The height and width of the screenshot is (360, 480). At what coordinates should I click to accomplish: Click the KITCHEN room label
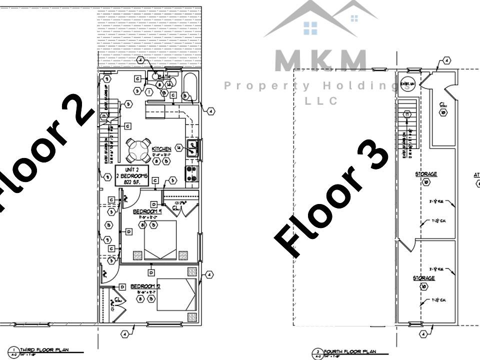click(161, 149)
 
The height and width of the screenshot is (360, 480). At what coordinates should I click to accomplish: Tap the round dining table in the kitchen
click(135, 148)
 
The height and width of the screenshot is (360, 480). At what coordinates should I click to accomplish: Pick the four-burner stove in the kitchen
click(191, 173)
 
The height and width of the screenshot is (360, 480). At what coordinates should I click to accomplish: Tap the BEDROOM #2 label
click(145, 286)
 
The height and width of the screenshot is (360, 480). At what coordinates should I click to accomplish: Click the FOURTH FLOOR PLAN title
click(350, 352)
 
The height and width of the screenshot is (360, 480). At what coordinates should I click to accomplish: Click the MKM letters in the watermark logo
click(320, 61)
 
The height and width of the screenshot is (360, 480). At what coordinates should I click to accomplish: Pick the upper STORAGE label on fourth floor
click(426, 174)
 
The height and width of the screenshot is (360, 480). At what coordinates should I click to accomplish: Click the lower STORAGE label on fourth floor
click(423, 278)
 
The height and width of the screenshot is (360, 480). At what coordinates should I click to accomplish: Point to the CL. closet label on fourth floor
click(443, 105)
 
